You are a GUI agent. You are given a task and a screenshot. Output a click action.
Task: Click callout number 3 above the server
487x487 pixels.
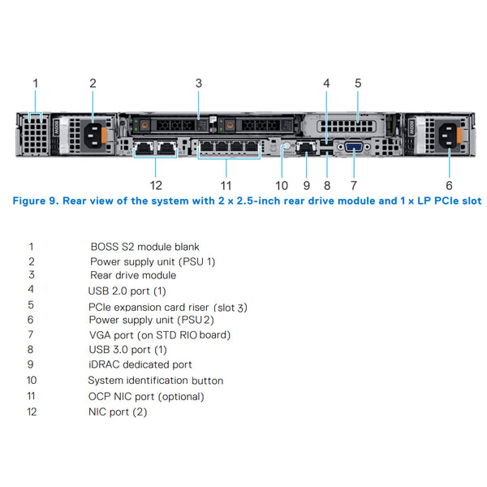click(x=198, y=83)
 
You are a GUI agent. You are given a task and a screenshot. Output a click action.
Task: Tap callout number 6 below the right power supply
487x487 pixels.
click(x=449, y=173)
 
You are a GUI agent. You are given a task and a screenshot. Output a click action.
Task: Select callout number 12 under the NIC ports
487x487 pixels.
click(x=156, y=173)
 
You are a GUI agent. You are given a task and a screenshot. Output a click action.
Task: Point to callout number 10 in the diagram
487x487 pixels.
click(x=282, y=173)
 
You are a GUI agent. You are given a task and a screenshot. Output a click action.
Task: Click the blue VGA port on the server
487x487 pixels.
click(x=354, y=147)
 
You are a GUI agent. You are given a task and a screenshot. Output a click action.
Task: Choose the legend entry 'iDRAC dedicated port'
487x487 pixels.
click(x=140, y=364)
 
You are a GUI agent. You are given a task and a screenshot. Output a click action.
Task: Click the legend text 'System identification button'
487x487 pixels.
click(x=155, y=380)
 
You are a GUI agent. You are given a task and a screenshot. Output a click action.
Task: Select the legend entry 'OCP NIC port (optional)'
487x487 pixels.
click(x=146, y=396)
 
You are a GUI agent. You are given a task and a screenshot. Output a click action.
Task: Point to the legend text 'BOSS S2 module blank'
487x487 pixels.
click(x=144, y=247)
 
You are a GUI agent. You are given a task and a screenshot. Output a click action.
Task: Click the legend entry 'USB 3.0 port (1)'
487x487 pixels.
click(x=127, y=349)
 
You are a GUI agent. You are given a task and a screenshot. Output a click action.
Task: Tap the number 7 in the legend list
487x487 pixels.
click(x=30, y=334)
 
